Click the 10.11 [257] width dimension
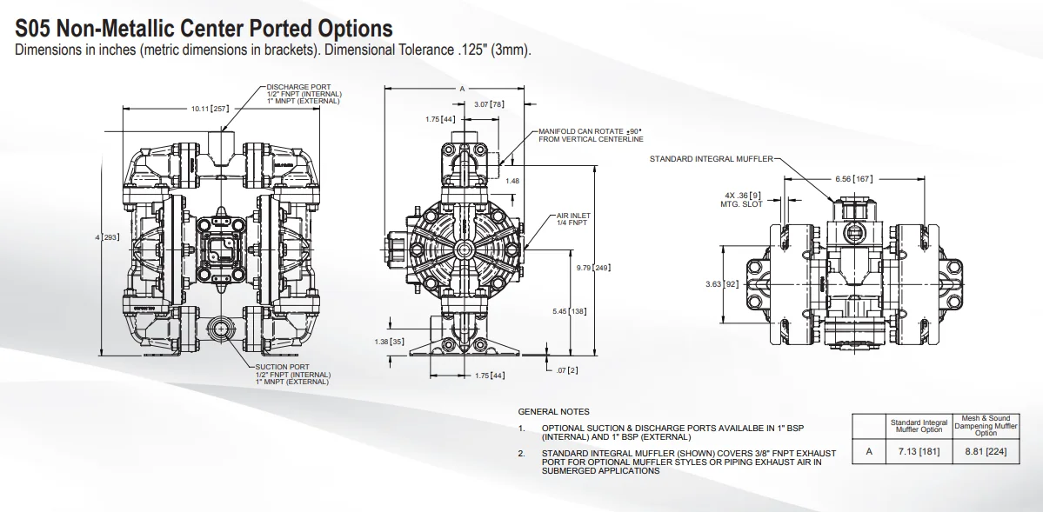(x=209, y=109)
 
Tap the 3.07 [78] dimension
(x=488, y=104)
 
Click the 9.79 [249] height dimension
(x=593, y=268)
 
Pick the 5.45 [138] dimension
(x=569, y=310)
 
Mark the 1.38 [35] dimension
(x=388, y=342)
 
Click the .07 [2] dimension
(x=567, y=370)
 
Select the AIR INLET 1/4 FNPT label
(x=573, y=219)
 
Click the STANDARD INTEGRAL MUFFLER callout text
(x=710, y=159)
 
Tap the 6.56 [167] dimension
(x=853, y=178)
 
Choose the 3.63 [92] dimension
(x=721, y=283)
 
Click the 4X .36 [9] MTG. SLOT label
(x=741, y=199)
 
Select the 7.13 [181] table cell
(x=919, y=451)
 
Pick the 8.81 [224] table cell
(x=986, y=451)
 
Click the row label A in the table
(x=868, y=451)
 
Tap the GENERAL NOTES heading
(x=553, y=411)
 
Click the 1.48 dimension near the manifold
(x=512, y=181)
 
